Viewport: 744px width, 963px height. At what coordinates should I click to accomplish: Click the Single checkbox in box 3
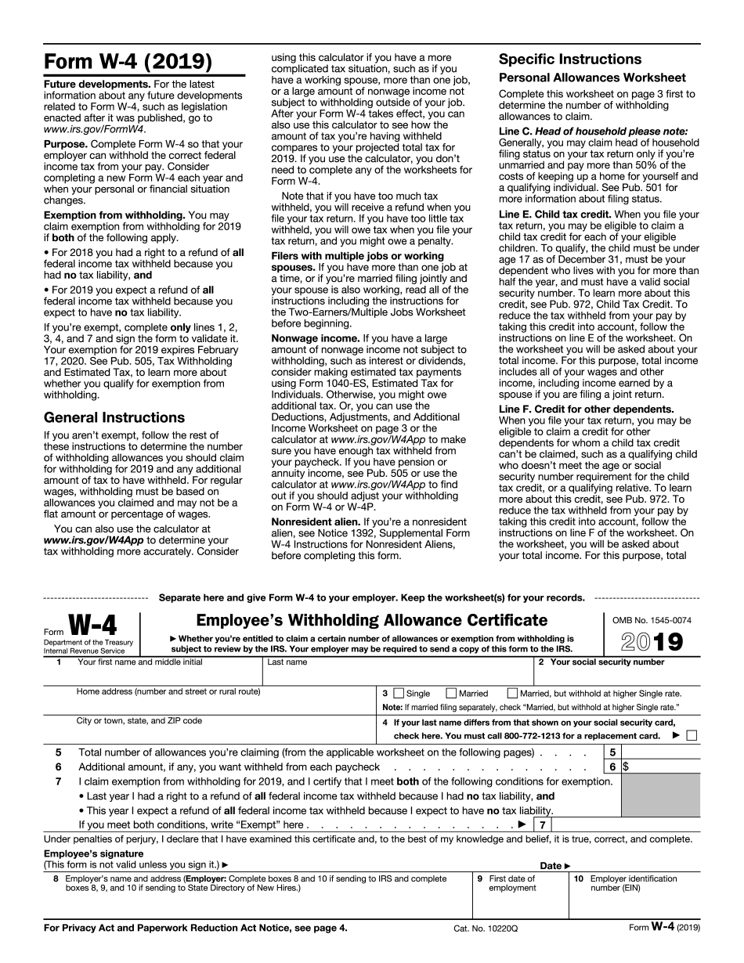click(x=399, y=693)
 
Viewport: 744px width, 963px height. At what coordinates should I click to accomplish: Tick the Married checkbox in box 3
click(x=451, y=693)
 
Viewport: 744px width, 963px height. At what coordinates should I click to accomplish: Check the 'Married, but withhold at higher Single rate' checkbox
click(x=512, y=693)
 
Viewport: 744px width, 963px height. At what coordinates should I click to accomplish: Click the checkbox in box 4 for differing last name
click(x=691, y=735)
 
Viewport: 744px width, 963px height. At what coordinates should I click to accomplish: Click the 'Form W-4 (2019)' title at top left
click(x=128, y=61)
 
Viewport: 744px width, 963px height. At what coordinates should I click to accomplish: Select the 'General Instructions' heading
click(x=114, y=417)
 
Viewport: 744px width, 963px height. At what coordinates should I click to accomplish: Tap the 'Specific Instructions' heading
click(x=570, y=60)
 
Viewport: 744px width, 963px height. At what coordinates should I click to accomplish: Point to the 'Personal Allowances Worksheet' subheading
click(x=592, y=78)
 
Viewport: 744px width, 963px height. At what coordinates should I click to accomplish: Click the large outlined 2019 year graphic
click(x=652, y=642)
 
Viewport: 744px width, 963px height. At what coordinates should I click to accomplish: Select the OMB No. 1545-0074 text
click(x=652, y=621)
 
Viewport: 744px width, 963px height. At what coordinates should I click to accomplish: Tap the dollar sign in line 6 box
click(x=626, y=767)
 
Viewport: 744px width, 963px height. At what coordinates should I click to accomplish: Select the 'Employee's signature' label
click(x=94, y=853)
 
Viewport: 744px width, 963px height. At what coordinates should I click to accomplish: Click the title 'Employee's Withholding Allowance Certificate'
click(x=371, y=621)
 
